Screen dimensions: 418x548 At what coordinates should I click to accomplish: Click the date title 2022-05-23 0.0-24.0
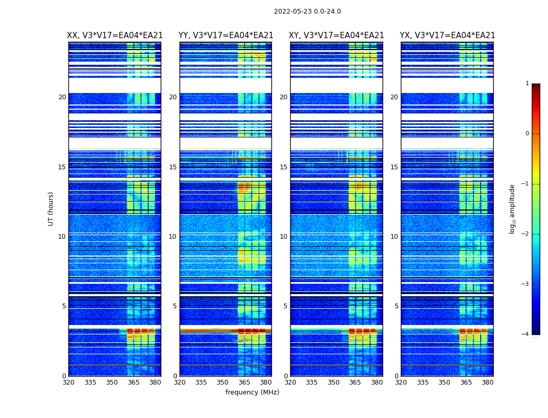point(307,11)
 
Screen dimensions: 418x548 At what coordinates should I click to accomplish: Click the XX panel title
point(115,36)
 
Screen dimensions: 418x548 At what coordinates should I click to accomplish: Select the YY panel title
point(225,36)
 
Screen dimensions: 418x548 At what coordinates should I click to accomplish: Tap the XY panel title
point(336,36)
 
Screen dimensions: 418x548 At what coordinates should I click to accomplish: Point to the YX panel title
point(447,36)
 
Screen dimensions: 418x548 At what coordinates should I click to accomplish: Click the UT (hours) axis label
point(51,208)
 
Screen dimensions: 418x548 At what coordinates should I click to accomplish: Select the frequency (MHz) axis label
point(252,392)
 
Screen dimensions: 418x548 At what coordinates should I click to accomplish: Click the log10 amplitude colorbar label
point(512,208)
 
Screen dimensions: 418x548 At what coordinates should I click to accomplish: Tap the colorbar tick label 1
point(527,84)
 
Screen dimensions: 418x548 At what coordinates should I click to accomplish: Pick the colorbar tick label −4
point(526,334)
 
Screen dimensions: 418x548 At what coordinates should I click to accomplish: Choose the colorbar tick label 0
point(527,134)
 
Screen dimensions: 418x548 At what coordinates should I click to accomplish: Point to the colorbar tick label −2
point(526,234)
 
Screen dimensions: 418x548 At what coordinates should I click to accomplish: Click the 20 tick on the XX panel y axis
point(62,97)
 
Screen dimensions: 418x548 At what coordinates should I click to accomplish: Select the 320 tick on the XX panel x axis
point(68,382)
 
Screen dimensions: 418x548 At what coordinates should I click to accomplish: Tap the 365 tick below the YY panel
point(244,382)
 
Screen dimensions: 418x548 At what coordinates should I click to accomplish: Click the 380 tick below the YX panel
point(487,382)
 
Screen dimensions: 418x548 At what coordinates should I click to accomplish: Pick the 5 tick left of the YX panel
point(396,306)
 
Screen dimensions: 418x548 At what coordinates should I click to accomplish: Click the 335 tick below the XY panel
point(312,382)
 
